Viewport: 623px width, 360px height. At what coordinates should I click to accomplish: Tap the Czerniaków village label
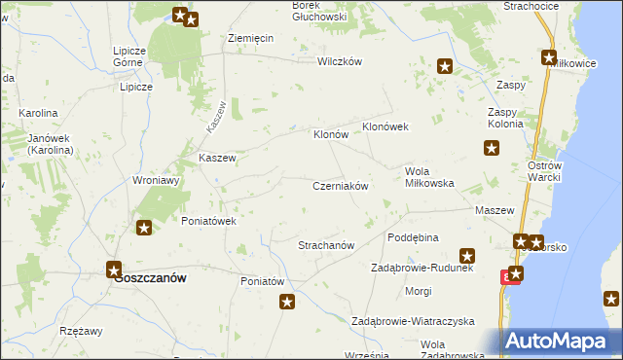click(x=340, y=185)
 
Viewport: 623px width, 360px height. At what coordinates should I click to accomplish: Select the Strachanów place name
click(x=325, y=245)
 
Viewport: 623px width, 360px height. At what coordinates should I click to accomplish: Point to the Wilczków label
click(x=340, y=60)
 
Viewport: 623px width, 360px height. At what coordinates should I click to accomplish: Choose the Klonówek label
click(x=389, y=127)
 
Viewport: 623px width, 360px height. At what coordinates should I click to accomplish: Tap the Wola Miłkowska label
click(x=429, y=177)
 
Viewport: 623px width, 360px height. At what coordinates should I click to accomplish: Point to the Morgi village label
click(x=419, y=291)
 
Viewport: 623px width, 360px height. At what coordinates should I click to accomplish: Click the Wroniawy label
click(x=157, y=180)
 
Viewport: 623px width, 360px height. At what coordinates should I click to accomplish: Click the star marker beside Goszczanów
click(x=114, y=270)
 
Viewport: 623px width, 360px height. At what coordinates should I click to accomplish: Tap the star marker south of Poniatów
click(x=287, y=303)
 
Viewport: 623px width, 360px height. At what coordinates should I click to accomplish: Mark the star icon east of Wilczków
click(x=445, y=67)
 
